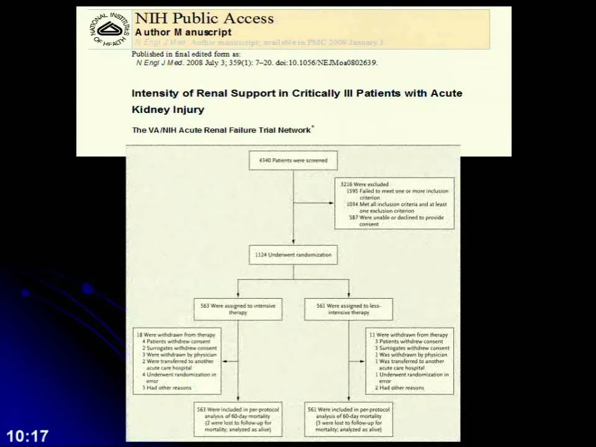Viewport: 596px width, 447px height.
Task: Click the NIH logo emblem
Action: pos(110,29)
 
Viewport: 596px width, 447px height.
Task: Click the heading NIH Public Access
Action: pos(204,19)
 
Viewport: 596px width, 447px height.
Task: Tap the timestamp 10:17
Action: pos(27,436)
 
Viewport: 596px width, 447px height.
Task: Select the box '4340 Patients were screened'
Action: pos(293,160)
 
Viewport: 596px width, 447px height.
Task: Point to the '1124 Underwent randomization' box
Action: pos(293,255)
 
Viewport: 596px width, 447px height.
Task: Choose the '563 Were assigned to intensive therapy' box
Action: pos(238,309)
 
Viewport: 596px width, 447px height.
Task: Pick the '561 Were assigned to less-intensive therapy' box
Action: pos(348,309)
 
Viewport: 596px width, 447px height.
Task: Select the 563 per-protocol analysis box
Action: pos(238,419)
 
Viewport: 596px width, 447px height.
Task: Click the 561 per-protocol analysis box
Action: pos(348,419)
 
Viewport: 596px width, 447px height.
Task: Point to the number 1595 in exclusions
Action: pos(352,191)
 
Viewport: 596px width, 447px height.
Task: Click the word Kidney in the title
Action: pos(148,109)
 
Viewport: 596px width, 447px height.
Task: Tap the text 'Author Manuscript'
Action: pos(183,32)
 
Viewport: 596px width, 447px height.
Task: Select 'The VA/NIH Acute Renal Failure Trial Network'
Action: pos(221,130)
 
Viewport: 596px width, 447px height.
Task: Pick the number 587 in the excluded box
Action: pos(353,218)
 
